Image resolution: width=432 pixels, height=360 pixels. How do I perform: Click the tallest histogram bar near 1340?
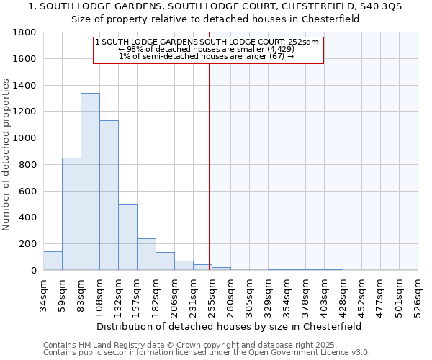click(90, 181)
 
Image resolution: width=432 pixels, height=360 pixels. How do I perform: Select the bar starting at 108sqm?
click(109, 195)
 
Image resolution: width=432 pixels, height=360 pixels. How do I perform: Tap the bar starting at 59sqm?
click(71, 214)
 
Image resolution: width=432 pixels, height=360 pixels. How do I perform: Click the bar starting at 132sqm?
click(127, 238)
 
